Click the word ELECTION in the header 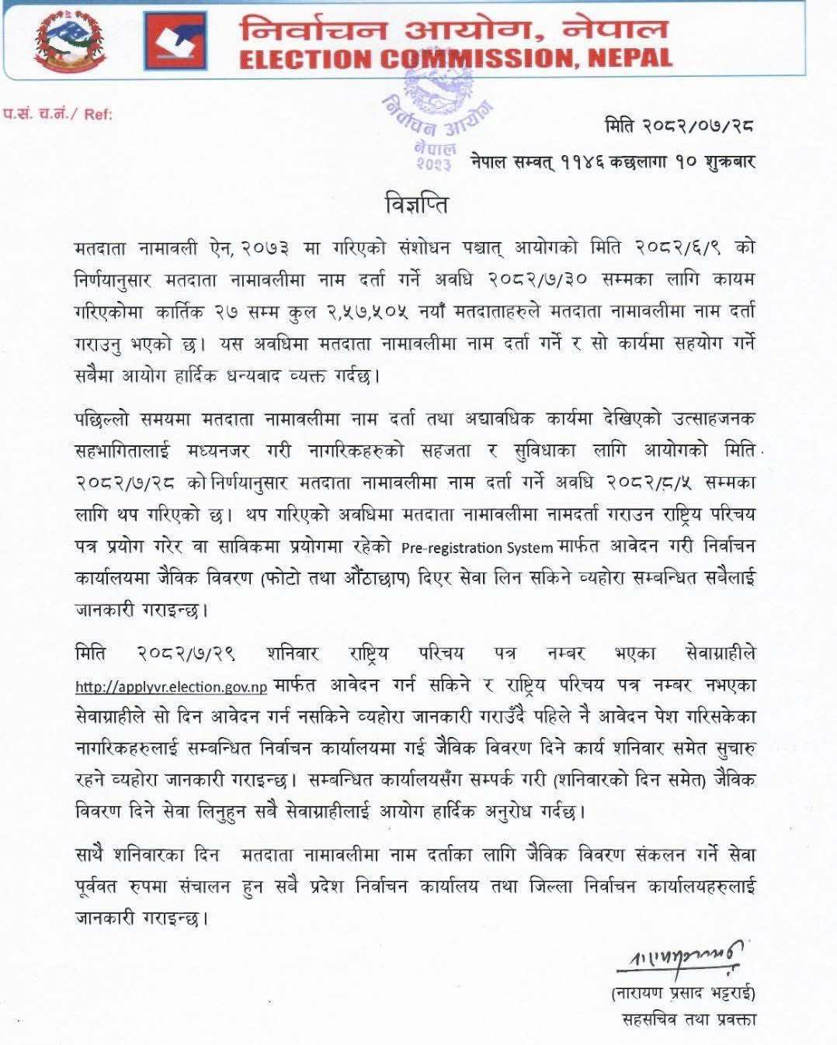(x=307, y=59)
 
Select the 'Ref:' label (x=98, y=114)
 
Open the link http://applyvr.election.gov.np (x=172, y=687)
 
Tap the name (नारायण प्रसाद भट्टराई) (x=683, y=992)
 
